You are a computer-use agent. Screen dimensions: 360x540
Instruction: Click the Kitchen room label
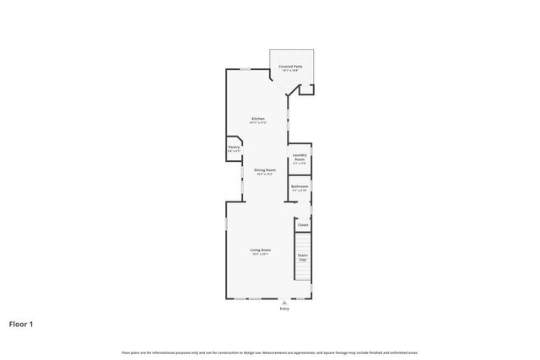pos(258,118)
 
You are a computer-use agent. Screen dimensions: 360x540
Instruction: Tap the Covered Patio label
pos(291,65)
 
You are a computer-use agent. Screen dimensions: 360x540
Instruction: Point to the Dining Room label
pos(265,169)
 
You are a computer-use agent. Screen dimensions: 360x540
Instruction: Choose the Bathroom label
pos(300,186)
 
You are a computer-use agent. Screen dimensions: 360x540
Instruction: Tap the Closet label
pos(303,225)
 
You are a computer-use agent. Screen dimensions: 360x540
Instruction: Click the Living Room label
pos(260,250)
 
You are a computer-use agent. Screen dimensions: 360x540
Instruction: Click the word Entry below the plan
pos(283,309)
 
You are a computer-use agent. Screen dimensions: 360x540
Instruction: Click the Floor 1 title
pos(22,324)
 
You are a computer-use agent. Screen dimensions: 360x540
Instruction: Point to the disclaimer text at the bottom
pos(270,352)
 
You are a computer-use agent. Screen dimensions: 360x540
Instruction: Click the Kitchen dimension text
pos(258,123)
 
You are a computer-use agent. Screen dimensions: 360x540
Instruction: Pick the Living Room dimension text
pos(260,255)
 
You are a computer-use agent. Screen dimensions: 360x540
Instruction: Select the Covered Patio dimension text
pos(291,70)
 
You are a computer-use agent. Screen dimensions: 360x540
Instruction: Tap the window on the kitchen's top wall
pos(244,69)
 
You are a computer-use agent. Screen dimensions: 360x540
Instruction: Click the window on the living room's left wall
pos(226,226)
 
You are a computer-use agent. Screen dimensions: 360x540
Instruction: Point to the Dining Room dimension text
pos(265,175)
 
